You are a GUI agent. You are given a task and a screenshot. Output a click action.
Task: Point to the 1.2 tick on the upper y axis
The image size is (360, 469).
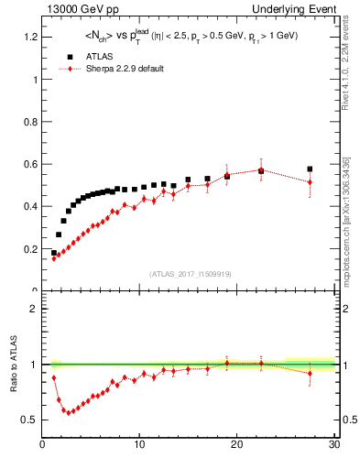[30, 37]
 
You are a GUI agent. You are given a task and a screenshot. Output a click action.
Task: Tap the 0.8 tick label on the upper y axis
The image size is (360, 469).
[30, 122]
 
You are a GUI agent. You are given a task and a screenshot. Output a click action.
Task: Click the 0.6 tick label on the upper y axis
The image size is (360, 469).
[30, 164]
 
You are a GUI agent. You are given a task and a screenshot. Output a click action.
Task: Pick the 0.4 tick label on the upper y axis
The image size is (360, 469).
[30, 206]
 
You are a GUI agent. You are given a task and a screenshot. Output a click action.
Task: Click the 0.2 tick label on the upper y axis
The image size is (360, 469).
[30, 249]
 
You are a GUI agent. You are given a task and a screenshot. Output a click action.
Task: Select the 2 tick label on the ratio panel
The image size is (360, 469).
[34, 309]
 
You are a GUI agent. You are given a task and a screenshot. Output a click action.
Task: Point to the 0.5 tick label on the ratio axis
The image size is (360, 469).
[30, 420]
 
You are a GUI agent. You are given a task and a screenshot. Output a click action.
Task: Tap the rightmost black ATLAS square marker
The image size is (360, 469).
[310, 169]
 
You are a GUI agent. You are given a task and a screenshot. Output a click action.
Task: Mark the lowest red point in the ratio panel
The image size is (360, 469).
[68, 412]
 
